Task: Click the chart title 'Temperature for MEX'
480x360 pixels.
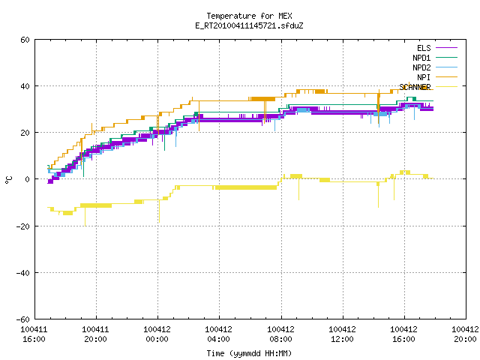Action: [x=249, y=16]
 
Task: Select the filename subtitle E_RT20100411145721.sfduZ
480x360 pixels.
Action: [x=249, y=25]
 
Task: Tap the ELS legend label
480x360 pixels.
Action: [x=424, y=48]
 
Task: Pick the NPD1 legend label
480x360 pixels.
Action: [x=421, y=58]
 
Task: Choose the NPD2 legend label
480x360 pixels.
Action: [x=421, y=67]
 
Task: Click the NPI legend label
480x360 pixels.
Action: [x=424, y=77]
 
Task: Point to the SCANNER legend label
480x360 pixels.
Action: [x=415, y=87]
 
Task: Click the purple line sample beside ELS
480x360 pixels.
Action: [x=446, y=48]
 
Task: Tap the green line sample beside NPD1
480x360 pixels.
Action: [x=446, y=57]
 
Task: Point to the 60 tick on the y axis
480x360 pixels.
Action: [x=25, y=40]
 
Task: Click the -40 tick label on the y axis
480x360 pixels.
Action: [x=23, y=273]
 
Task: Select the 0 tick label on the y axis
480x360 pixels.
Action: [x=28, y=179]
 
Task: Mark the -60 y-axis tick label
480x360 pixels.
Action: [x=23, y=319]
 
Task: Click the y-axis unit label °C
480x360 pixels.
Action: [x=8, y=180]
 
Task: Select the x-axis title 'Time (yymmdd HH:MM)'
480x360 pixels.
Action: [x=249, y=353]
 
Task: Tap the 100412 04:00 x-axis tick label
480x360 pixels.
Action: [x=218, y=334]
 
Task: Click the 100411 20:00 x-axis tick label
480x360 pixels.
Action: [x=95, y=334]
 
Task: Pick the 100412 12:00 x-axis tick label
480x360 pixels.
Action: [x=342, y=334]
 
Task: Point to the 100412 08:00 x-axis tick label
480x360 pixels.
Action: [x=280, y=334]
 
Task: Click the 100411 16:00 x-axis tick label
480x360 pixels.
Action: [x=34, y=334]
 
